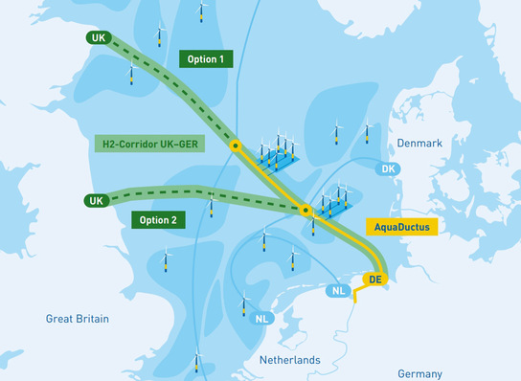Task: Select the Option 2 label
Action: pyautogui.click(x=158, y=218)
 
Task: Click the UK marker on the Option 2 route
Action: pyautogui.click(x=95, y=201)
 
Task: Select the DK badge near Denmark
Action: pyautogui.click(x=388, y=169)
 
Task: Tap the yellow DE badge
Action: pyautogui.click(x=374, y=279)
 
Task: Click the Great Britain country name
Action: pyautogui.click(x=78, y=318)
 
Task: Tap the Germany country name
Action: pyautogui.click(x=419, y=373)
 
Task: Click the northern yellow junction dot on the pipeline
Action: pyautogui.click(x=235, y=147)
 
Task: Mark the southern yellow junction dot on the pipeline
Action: pyautogui.click(x=306, y=210)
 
